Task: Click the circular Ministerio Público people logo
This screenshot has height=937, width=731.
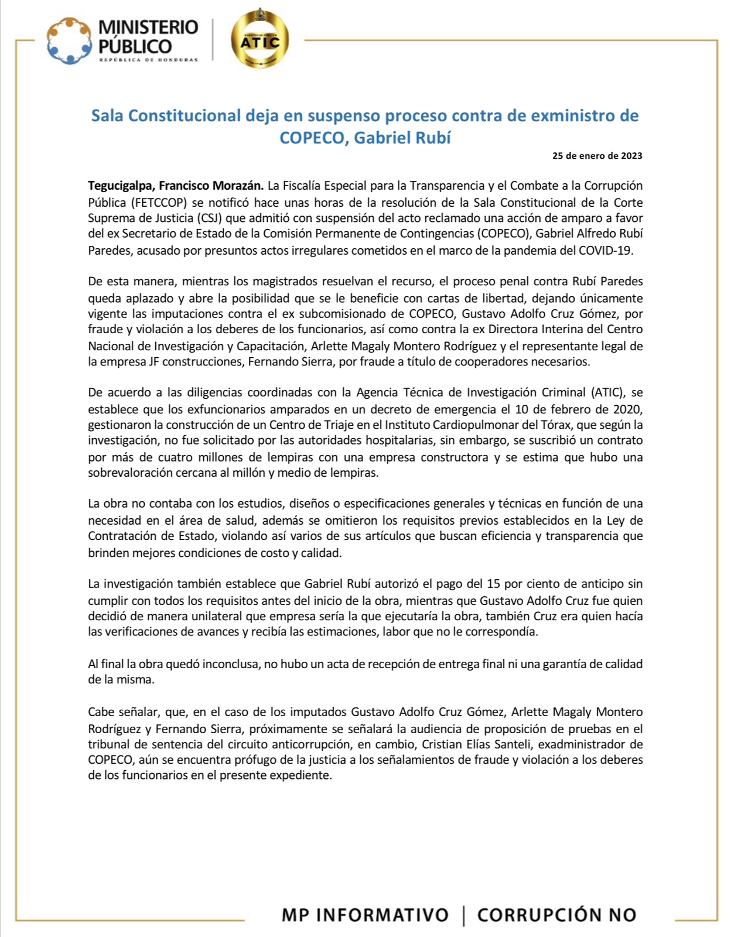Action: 70,41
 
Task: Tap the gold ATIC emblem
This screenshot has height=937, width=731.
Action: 260,41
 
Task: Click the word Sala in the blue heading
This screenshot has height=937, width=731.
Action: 108,116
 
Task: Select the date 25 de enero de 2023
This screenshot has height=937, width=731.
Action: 597,156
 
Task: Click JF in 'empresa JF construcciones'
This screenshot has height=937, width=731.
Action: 154,362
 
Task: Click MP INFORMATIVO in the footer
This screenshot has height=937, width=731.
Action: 365,915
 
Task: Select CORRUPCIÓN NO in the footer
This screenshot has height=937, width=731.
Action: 556,915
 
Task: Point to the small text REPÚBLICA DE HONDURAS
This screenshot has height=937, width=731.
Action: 148,60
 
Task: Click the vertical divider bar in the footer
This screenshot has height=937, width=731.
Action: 464,915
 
